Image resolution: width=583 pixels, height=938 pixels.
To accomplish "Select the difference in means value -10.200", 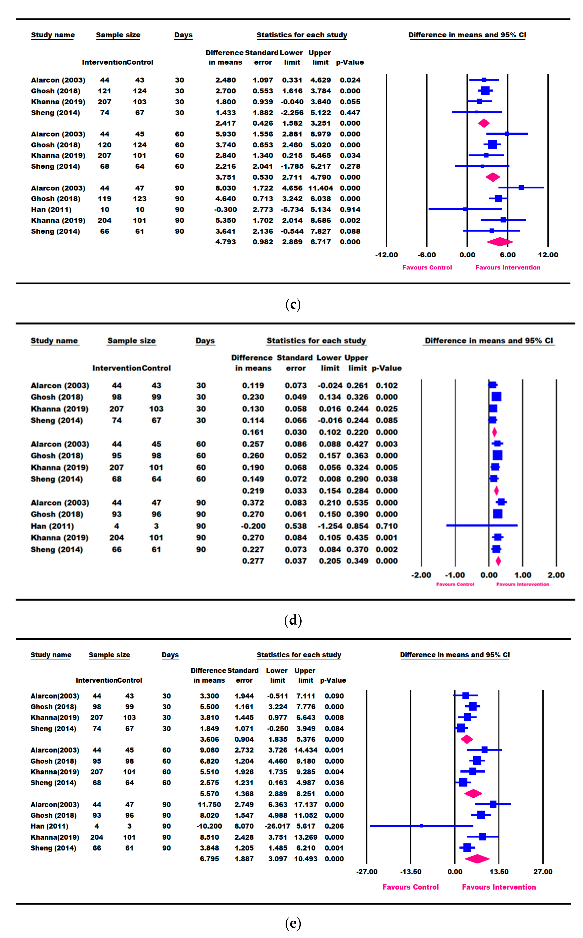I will pos(209,826).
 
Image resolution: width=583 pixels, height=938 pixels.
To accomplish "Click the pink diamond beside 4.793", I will pos(499,242).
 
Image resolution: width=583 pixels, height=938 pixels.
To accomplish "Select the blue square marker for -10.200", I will pos(421,826).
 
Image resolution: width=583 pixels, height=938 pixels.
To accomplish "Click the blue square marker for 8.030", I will pos(521,188).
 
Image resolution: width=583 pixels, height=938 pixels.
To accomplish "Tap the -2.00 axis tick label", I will pos(421,575).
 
